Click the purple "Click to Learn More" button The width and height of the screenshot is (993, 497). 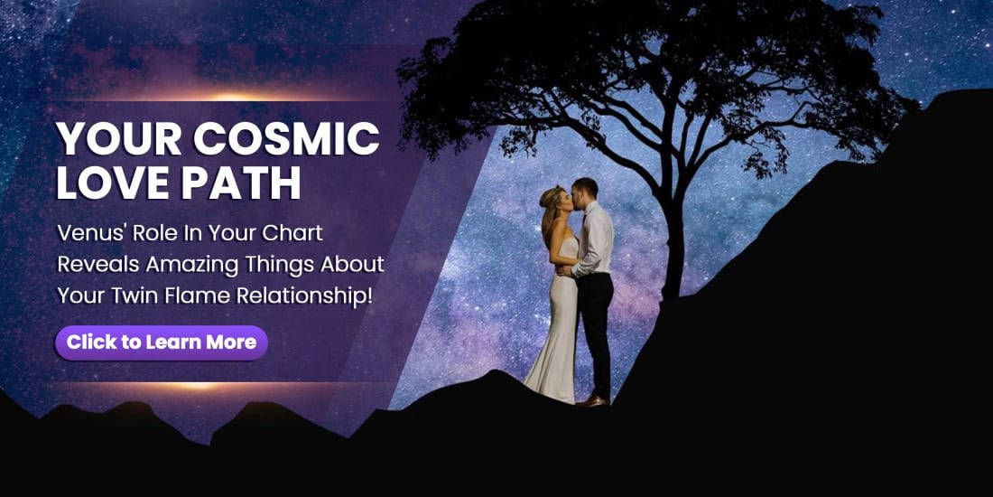(162, 343)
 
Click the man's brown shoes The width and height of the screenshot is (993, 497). (592, 400)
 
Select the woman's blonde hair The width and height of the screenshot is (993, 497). (550, 210)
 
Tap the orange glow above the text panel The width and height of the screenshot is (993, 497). (231, 95)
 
